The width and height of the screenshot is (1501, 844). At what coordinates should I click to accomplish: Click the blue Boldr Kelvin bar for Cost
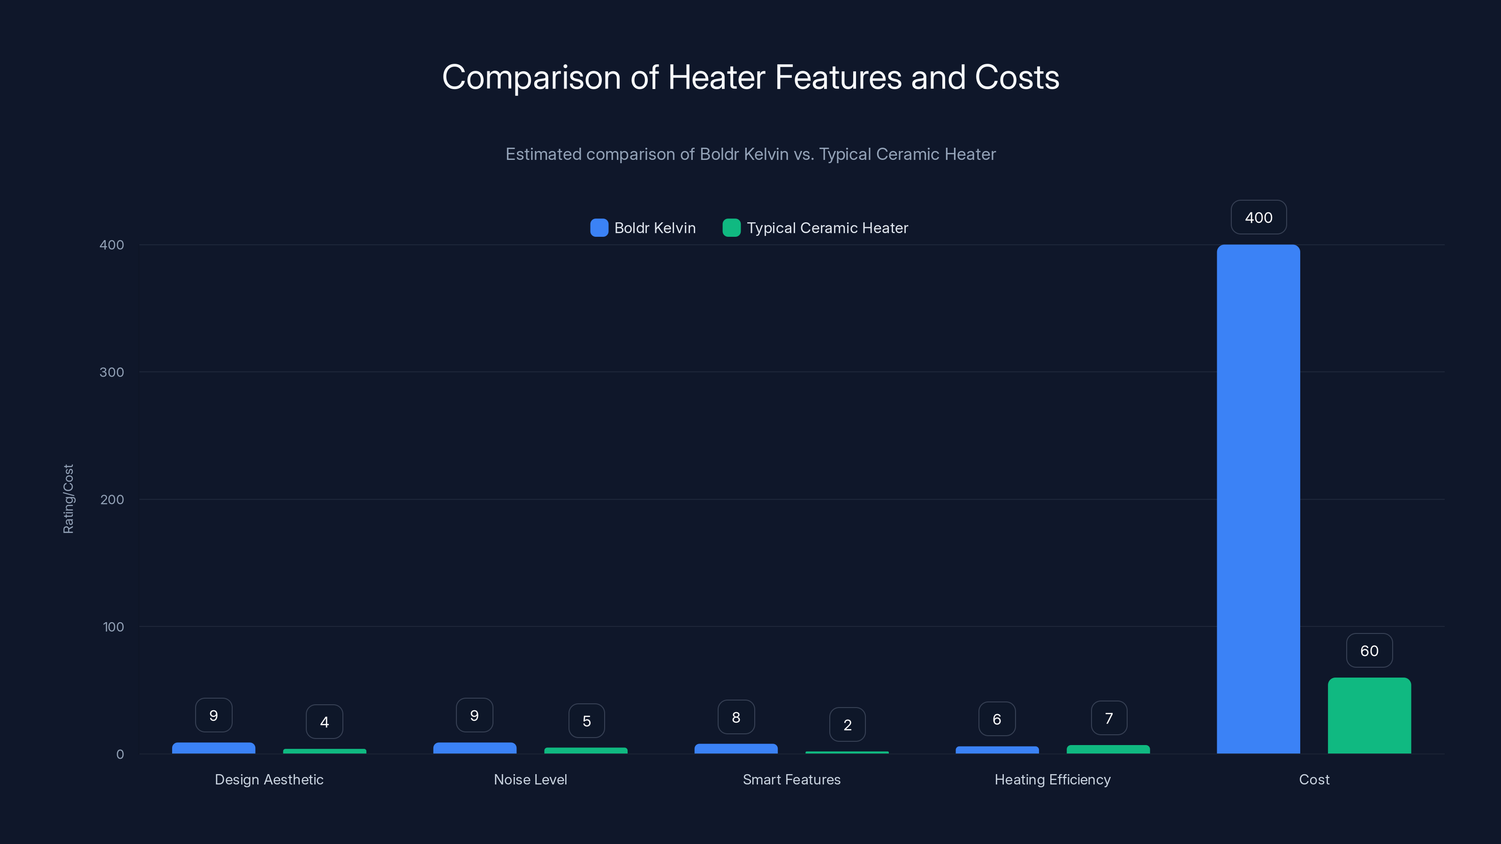(x=1258, y=499)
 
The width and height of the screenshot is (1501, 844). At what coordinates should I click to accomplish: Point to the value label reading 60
(x=1369, y=651)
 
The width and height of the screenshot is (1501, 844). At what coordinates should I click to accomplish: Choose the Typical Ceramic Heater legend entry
(x=815, y=228)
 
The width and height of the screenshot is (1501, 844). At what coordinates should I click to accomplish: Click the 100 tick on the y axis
(x=113, y=627)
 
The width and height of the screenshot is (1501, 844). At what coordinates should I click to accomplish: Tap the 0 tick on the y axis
(x=120, y=754)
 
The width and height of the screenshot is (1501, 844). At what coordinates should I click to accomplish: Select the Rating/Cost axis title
(x=68, y=498)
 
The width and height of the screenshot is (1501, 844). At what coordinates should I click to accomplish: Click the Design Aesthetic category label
(x=269, y=779)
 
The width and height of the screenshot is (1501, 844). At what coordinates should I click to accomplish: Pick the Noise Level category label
(x=530, y=779)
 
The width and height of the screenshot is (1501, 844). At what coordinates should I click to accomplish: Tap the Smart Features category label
(x=791, y=779)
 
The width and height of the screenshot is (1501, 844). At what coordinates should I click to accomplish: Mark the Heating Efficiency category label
(x=1052, y=779)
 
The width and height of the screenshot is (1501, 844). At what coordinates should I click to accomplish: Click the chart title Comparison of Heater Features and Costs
(x=750, y=77)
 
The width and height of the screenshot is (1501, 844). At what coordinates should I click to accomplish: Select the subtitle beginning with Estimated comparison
(x=750, y=154)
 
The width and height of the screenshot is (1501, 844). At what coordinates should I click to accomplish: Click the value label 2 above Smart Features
(x=847, y=724)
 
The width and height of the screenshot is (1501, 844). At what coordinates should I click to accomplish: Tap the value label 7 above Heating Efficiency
(x=1109, y=718)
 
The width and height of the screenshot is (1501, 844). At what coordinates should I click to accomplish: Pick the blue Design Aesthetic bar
(x=214, y=748)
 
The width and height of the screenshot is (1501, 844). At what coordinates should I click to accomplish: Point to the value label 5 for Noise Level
(x=587, y=721)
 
